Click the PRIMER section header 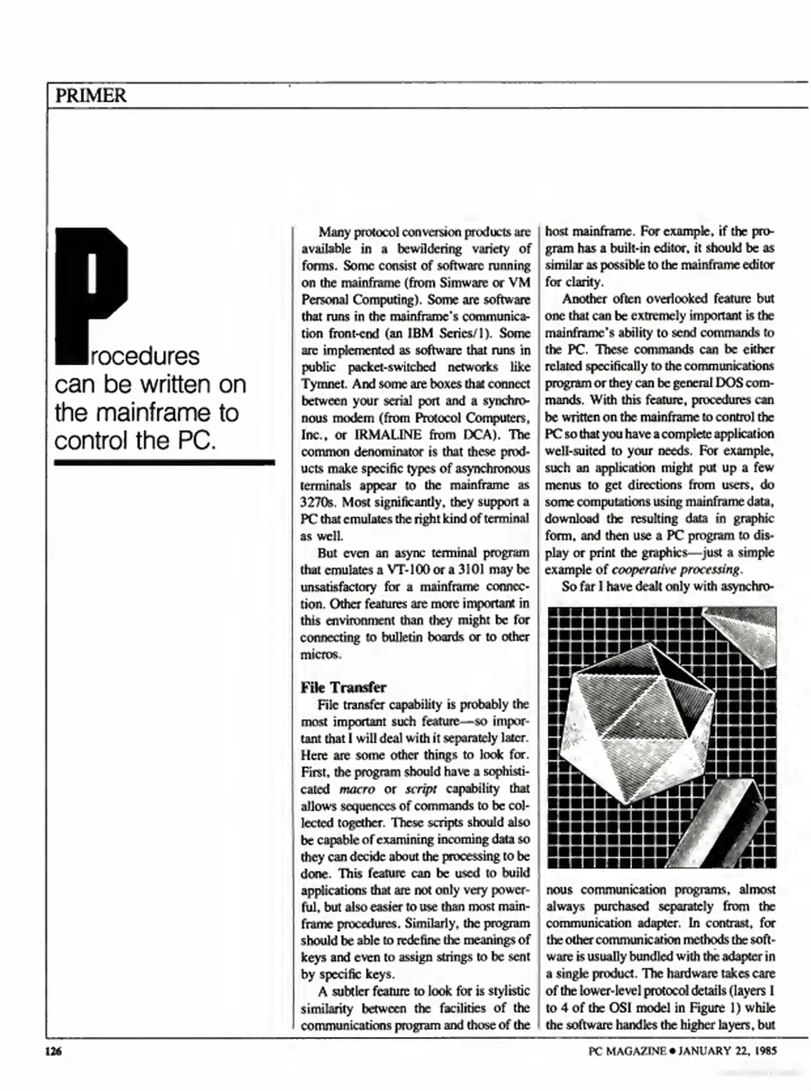(91, 95)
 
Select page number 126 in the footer (53, 1052)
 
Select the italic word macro (357, 789)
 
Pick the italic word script (421, 789)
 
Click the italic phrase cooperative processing (676, 570)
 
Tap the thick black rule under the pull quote (164, 462)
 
